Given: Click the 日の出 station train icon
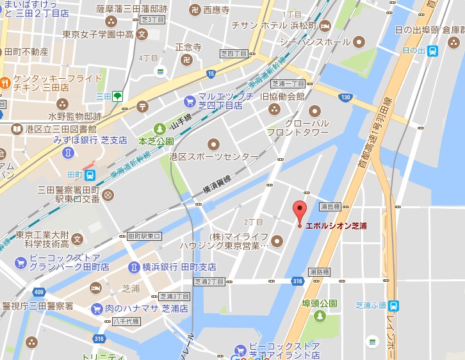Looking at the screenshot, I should point(433,51).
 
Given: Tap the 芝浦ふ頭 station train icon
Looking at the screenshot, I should point(393,306).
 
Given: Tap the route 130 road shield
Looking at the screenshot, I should point(345,97).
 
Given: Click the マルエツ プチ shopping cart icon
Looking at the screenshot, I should point(189,101).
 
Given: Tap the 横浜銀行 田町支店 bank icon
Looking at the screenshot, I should point(134,266).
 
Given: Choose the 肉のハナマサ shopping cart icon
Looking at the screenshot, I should point(97,309).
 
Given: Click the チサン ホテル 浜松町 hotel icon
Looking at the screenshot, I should point(325,26).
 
